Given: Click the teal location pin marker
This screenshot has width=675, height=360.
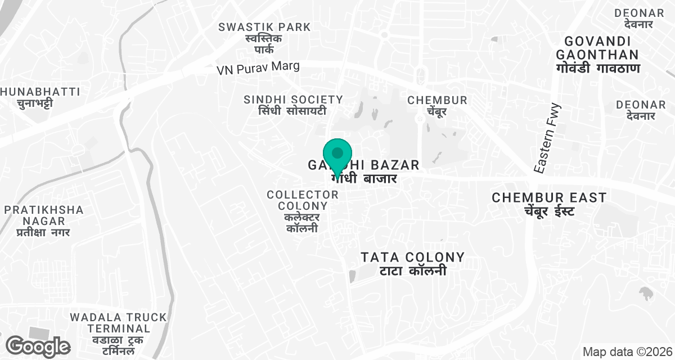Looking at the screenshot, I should [337, 154].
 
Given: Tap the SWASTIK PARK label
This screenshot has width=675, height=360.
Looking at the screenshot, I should [264, 26].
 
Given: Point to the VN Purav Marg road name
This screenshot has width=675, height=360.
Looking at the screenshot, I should [258, 67].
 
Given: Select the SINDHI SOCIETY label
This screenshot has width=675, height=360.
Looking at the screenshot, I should [293, 100].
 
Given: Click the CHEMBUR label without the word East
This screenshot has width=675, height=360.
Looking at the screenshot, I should [437, 100].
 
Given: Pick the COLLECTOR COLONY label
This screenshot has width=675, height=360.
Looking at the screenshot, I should [303, 200].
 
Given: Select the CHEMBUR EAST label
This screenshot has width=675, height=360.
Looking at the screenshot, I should [549, 197].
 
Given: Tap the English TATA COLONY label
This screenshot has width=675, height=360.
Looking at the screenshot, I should [412, 257].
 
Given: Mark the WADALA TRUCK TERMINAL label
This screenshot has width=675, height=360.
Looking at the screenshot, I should [118, 322].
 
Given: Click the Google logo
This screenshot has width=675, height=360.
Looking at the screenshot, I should [38, 345].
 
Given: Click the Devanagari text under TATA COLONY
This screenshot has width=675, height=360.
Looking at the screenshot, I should [412, 271].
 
